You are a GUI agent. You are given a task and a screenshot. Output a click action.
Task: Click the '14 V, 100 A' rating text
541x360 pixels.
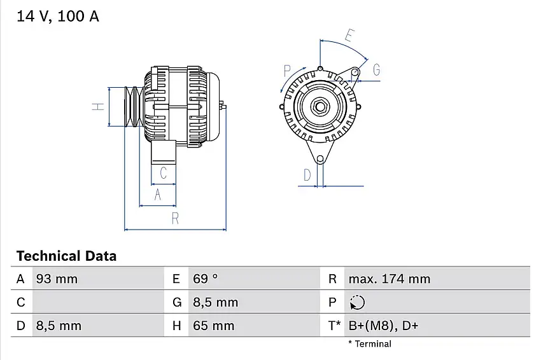57,17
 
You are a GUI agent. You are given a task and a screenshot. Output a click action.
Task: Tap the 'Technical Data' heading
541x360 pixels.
66,256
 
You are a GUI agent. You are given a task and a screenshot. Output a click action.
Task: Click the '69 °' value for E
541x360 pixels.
205,279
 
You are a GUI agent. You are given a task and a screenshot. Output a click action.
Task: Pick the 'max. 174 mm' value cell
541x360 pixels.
389,279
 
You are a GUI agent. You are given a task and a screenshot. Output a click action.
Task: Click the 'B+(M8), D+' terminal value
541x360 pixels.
383,326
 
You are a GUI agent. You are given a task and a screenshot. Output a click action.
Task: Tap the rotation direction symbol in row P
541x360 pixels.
358,303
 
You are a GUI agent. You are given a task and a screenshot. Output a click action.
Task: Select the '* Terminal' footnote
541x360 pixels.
370,344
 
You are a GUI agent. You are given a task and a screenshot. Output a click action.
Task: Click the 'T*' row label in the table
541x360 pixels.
334,326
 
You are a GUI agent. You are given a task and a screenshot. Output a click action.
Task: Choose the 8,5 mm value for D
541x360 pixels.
58,326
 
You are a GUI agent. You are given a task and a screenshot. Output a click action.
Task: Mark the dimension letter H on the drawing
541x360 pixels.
97,106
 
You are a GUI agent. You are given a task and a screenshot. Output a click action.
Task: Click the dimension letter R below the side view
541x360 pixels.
175,218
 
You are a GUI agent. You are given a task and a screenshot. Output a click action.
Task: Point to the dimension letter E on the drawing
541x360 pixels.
348,35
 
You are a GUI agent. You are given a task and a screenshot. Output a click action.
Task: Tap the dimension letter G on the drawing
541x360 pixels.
376,70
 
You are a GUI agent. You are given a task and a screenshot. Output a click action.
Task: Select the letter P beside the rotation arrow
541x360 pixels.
287,70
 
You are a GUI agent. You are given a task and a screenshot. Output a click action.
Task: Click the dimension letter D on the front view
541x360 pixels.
307,175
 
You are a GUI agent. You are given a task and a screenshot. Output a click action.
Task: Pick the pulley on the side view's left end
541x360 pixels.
134,106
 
